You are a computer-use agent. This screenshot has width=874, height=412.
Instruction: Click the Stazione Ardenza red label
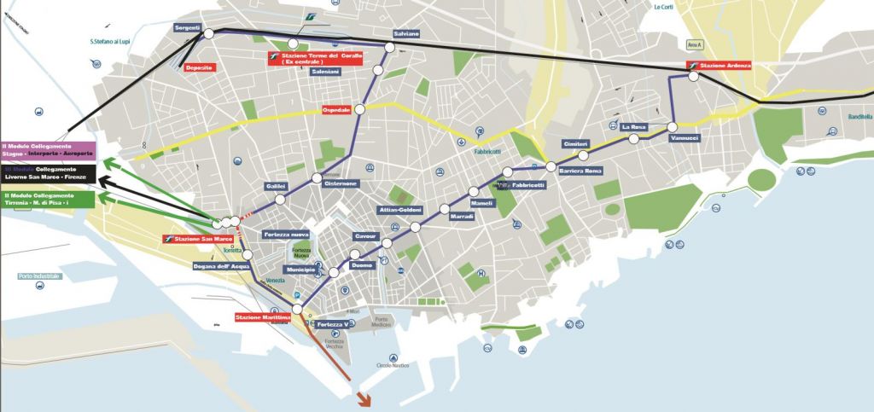pos(721,66)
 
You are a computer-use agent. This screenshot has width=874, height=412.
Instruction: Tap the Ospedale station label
pos(337,110)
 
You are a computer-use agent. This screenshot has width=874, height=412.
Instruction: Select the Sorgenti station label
pos(187,28)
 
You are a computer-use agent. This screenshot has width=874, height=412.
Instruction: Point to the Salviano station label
pos(406,33)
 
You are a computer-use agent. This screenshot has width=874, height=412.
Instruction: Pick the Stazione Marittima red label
pos(263,318)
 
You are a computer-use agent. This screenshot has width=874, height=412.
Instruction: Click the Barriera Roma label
pos(581,171)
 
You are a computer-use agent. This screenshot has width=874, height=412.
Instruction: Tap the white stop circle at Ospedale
pos(360,109)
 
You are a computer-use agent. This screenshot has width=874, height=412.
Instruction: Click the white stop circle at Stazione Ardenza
pos(694,76)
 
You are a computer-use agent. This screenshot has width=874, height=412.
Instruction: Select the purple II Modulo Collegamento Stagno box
pos(50,150)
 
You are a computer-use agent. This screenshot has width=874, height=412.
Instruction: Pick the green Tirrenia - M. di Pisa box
pos(50,200)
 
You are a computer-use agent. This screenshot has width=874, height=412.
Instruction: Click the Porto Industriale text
pos(39,276)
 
